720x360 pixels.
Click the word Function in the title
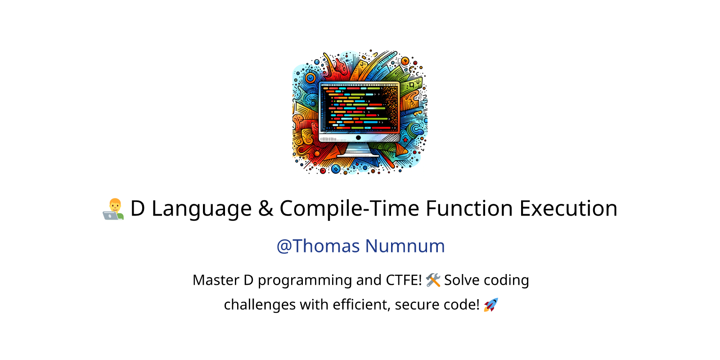point(469,208)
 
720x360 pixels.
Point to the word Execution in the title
point(568,208)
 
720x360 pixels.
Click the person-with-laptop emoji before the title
point(113,209)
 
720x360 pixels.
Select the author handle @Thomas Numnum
point(360,246)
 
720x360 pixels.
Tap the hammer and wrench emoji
point(433,280)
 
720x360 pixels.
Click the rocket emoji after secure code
point(491,305)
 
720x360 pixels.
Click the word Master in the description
point(216,280)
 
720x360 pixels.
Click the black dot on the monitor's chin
point(358,138)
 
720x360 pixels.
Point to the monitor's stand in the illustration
point(358,150)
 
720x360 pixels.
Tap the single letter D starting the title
point(138,208)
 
